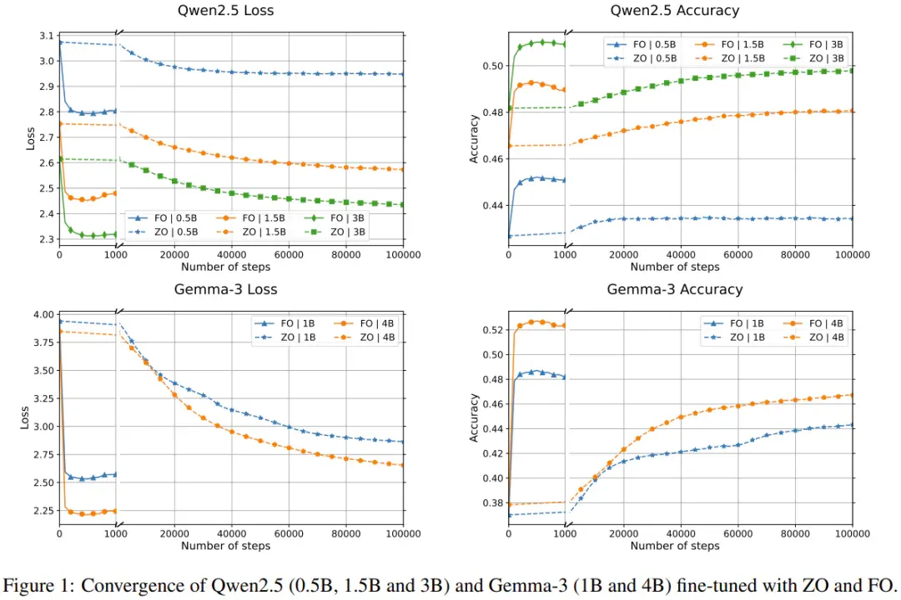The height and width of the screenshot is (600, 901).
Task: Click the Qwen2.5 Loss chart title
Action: click(225, 10)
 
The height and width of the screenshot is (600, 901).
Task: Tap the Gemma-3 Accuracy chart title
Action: click(675, 289)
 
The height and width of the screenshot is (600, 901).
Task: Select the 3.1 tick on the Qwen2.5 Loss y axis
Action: click(47, 36)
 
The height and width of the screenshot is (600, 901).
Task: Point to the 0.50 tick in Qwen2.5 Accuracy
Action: click(493, 66)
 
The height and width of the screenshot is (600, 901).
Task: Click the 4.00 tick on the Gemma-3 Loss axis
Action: click(43, 315)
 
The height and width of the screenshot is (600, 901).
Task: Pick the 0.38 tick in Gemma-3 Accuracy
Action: click(493, 503)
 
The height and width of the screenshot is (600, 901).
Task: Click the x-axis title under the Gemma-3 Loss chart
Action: click(225, 546)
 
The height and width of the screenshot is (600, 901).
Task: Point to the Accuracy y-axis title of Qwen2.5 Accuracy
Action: click(474, 139)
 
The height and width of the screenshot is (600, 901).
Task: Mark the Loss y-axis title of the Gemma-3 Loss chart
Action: click(25, 418)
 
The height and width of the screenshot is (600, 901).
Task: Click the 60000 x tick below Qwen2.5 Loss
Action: click(289, 254)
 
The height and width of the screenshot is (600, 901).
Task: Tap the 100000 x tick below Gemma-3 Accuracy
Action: click(852, 533)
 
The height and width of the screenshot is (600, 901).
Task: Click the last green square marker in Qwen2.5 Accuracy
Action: click(852, 71)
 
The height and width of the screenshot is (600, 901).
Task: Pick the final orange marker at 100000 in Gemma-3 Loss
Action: click(402, 465)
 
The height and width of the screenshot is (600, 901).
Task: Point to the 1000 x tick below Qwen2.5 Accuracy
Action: click(565, 254)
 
